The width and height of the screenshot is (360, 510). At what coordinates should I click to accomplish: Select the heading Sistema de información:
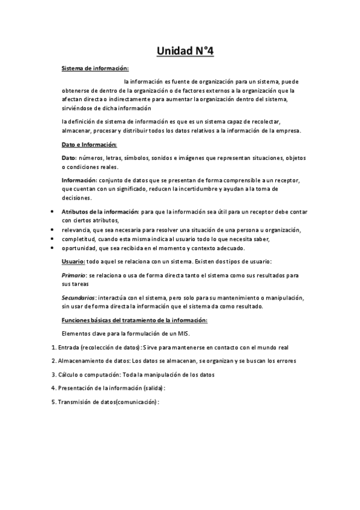[x=95, y=69]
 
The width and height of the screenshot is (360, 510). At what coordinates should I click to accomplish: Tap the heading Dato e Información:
[x=90, y=145]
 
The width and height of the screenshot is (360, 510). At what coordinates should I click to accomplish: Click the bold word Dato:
[x=69, y=158]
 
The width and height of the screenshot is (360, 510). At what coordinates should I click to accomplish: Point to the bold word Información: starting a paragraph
[x=79, y=180]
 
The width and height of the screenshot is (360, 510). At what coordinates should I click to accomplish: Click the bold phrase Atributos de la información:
[x=100, y=212]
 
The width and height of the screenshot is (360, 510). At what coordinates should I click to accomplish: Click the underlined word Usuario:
[x=73, y=262]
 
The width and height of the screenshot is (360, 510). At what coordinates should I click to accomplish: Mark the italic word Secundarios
[x=78, y=297]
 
